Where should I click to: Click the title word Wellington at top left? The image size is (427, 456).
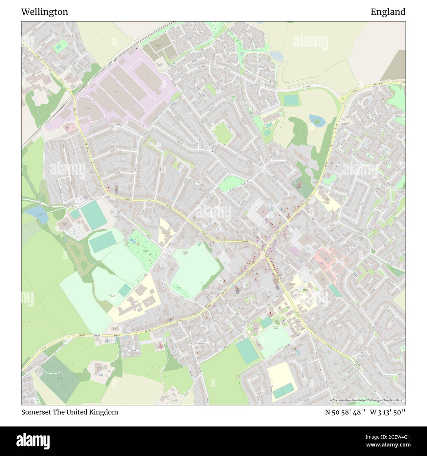tap(45, 12)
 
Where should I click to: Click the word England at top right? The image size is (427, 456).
tap(388, 12)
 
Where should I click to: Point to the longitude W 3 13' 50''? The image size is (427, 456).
tap(388, 412)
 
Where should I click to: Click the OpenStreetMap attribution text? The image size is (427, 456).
tap(368, 400)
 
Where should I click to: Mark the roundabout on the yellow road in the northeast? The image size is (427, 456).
tap(344, 97)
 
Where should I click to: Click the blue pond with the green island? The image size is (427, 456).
tap(316, 121)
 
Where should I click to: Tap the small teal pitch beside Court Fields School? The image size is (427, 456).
tap(125, 290)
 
